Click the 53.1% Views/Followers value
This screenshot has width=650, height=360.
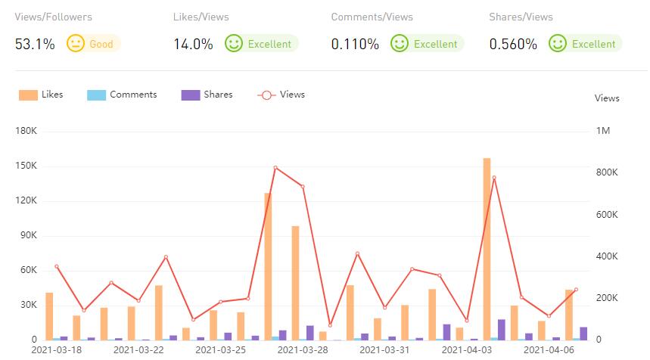35,44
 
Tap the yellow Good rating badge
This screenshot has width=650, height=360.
94,44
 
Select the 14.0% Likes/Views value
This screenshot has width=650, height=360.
193,44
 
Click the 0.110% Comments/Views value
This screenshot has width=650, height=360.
355,44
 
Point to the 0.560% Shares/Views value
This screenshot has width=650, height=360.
513,44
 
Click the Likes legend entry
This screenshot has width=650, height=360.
42,95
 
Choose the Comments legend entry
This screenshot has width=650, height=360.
123,95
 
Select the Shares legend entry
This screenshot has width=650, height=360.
207,95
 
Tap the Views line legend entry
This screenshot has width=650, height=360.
281,95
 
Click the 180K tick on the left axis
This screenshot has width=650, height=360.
26,132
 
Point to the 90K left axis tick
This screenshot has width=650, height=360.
28,236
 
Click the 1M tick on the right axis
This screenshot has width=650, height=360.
603,132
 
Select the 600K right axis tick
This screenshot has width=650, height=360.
607,215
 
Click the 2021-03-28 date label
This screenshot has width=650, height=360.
303,350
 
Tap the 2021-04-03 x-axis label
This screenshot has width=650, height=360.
467,350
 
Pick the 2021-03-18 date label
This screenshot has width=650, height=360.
56,350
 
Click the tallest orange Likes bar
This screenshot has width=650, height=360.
487,250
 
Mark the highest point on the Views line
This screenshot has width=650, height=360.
275,167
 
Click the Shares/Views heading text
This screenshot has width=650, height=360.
521,17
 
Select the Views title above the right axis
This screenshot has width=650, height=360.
607,98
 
